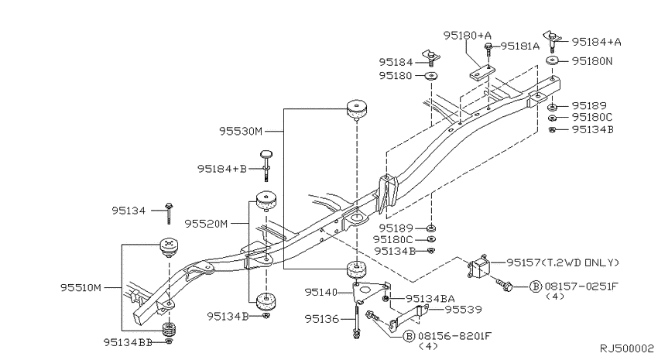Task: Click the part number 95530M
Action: click(241, 132)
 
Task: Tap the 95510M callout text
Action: click(81, 287)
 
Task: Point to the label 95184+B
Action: click(221, 168)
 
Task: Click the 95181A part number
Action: click(519, 46)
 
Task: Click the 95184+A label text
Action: click(597, 41)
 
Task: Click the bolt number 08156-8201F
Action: click(452, 337)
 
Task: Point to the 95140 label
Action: click(321, 292)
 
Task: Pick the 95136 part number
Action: click(321, 317)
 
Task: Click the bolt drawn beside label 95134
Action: click(169, 207)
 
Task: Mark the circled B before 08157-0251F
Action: click(534, 286)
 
